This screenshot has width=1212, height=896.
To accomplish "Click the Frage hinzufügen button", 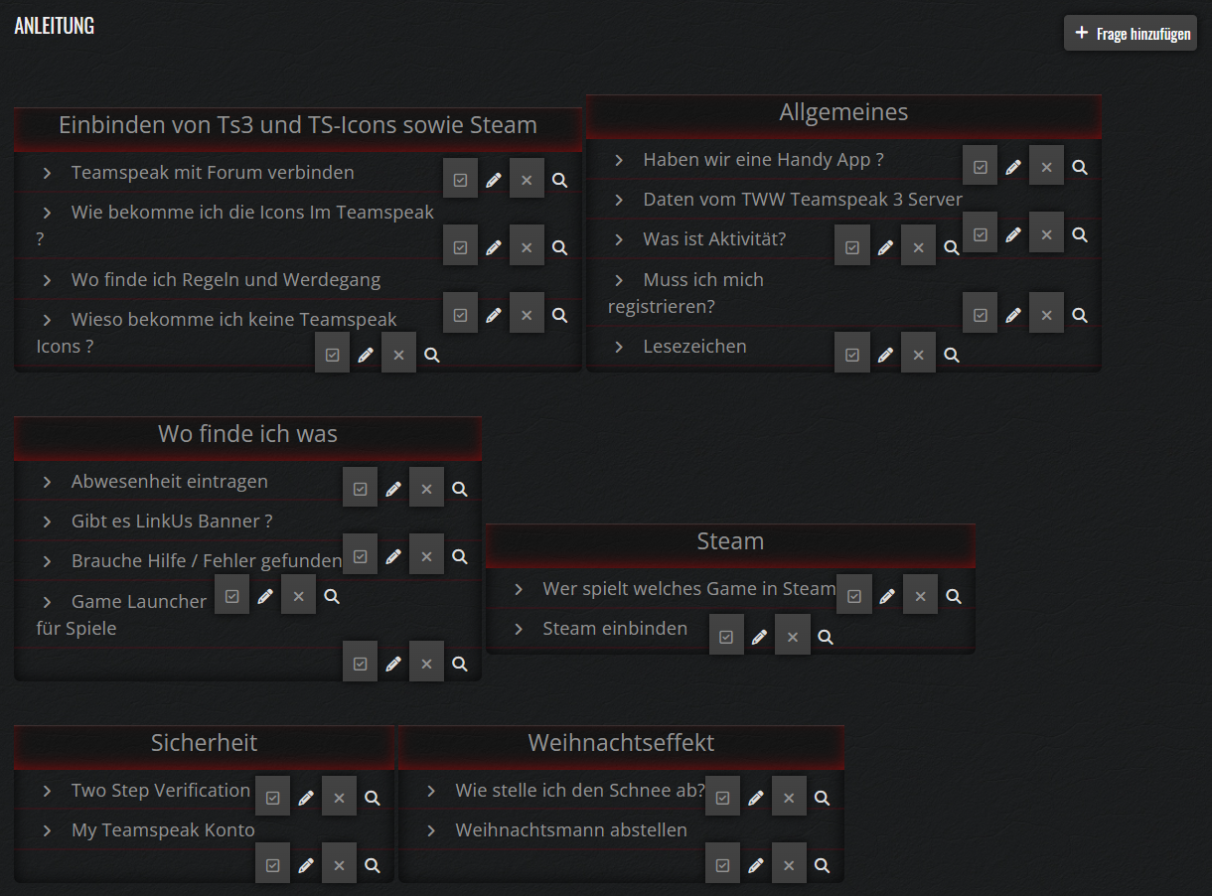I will pyautogui.click(x=1131, y=33).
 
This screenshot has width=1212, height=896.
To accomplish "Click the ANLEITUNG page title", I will pyautogui.click(x=55, y=26).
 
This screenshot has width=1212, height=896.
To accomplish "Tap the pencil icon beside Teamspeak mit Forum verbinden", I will pyautogui.click(x=494, y=180).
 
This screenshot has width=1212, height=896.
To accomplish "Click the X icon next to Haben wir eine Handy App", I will pyautogui.click(x=1046, y=167).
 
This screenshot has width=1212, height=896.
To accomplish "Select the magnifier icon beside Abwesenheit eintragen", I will pyautogui.click(x=460, y=489).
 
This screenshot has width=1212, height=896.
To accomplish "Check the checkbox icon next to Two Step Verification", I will pyautogui.click(x=272, y=798).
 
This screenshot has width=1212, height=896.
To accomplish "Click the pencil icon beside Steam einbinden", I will pyautogui.click(x=759, y=637).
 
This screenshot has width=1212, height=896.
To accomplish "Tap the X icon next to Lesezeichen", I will pyautogui.click(x=918, y=355).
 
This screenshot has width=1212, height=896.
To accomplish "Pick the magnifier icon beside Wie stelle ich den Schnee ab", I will pyautogui.click(x=822, y=798).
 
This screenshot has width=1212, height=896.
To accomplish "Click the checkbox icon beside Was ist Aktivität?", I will pyautogui.click(x=851, y=247).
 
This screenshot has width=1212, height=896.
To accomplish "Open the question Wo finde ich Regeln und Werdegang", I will pyautogui.click(x=226, y=280).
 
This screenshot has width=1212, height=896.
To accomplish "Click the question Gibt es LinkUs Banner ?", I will pyautogui.click(x=172, y=522).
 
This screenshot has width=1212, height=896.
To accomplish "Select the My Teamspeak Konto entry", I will pyautogui.click(x=163, y=830).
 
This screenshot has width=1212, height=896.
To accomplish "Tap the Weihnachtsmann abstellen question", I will pyautogui.click(x=571, y=830).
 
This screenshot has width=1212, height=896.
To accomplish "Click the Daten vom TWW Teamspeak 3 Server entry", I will pyautogui.click(x=803, y=200).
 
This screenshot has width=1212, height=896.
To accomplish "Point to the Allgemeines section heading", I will pyautogui.click(x=843, y=113).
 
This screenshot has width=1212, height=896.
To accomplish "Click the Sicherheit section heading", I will pyautogui.click(x=204, y=743).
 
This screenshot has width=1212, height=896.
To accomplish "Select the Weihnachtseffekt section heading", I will pyautogui.click(x=621, y=743).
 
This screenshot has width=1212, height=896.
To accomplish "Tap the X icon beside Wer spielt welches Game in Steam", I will pyautogui.click(x=920, y=596).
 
